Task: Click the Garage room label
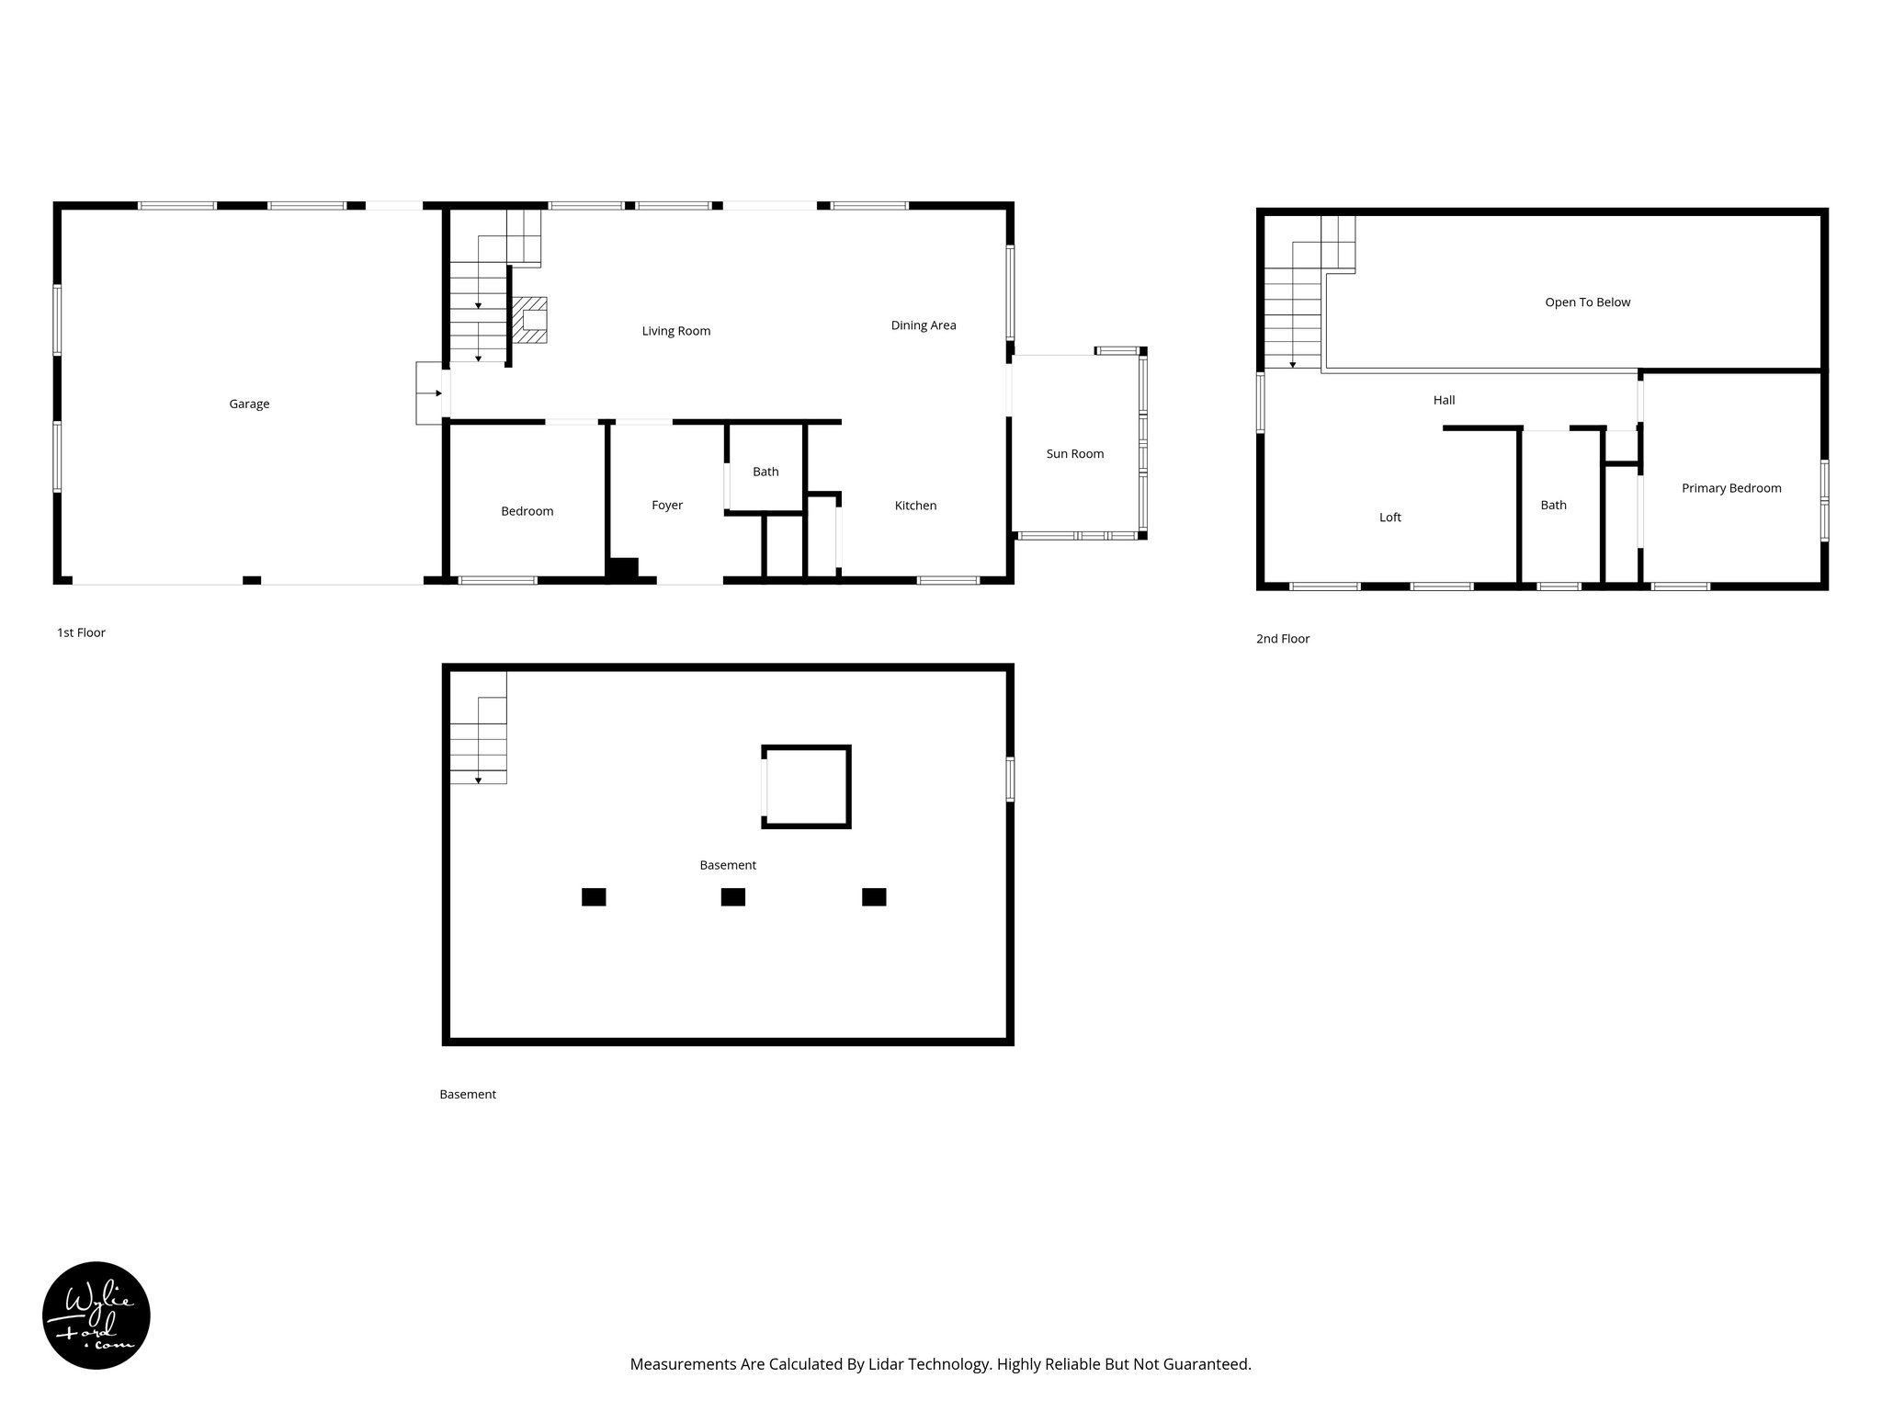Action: (249, 404)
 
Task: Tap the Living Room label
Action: (675, 331)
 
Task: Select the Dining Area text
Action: (923, 325)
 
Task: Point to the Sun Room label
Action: (1074, 453)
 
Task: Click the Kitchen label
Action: (915, 506)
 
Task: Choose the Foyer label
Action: (667, 506)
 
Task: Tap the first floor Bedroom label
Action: (527, 511)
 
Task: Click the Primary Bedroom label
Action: (1730, 488)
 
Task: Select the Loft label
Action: (1389, 518)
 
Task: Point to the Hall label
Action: (1444, 400)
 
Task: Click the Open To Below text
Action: (1587, 302)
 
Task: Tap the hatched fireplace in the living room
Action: (530, 320)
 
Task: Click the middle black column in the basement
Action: (732, 896)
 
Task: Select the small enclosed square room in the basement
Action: (806, 787)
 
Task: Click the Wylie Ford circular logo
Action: (96, 1315)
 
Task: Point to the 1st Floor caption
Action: (81, 632)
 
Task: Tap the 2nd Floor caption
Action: (1282, 639)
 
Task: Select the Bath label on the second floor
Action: (1553, 505)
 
